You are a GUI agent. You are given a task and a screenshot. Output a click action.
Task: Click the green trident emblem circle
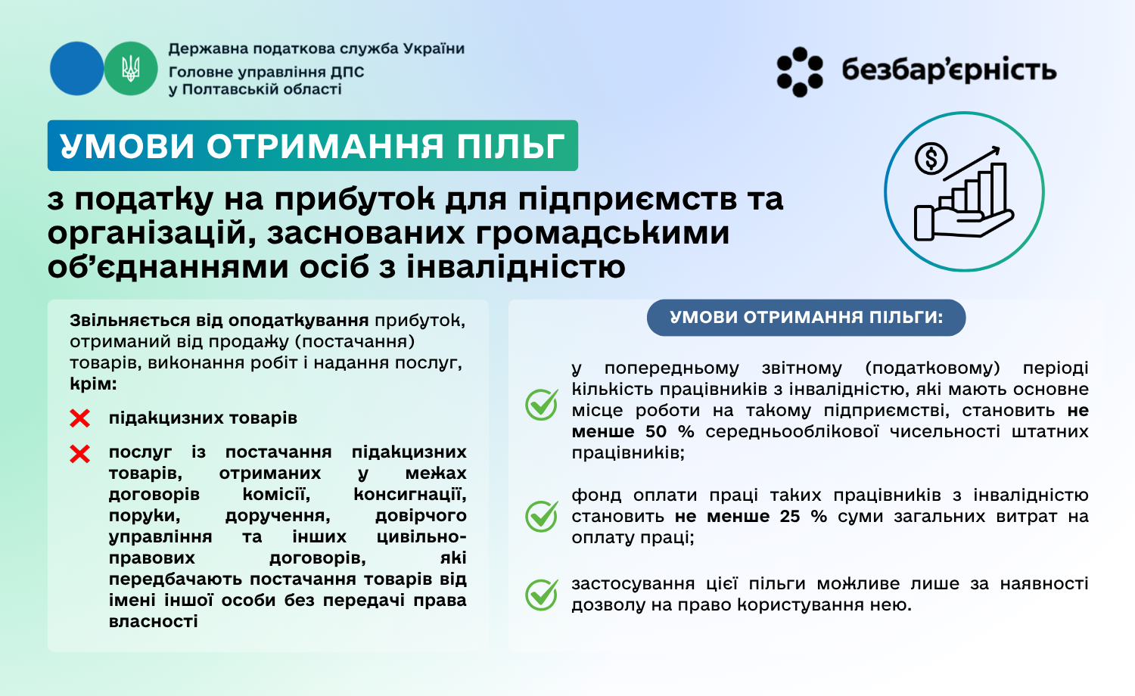pos(131,68)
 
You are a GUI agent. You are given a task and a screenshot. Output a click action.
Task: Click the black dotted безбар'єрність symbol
pos(800,72)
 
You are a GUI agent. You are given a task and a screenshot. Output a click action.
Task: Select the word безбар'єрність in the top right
pos(949,70)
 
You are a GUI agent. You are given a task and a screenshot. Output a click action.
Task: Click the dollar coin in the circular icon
pos(931,159)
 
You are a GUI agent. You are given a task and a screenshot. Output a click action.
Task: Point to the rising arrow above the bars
pos(972,163)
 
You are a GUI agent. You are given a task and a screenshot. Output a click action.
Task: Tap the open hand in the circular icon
pos(963,223)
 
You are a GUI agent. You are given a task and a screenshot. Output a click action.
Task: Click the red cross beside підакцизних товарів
pos(79,418)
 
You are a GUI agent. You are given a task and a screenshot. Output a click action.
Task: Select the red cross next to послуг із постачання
pos(79,454)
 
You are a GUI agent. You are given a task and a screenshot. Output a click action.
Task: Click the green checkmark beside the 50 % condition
pos(542,404)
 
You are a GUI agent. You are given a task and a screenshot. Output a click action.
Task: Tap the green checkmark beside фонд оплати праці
pos(542,516)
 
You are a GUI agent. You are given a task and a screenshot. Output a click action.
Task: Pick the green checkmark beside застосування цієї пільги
pos(542,594)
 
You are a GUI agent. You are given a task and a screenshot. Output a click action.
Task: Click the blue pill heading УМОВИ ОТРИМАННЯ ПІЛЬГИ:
pos(806,318)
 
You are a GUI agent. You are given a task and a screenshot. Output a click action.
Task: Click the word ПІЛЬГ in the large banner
pos(510,146)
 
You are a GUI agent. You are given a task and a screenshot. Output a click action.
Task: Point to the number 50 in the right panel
pos(656,431)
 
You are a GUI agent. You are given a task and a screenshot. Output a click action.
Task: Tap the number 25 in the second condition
pos(790,517)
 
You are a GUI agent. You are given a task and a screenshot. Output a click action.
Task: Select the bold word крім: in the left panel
pos(93,384)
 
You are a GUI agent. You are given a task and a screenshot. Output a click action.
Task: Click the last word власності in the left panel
pos(153,622)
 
